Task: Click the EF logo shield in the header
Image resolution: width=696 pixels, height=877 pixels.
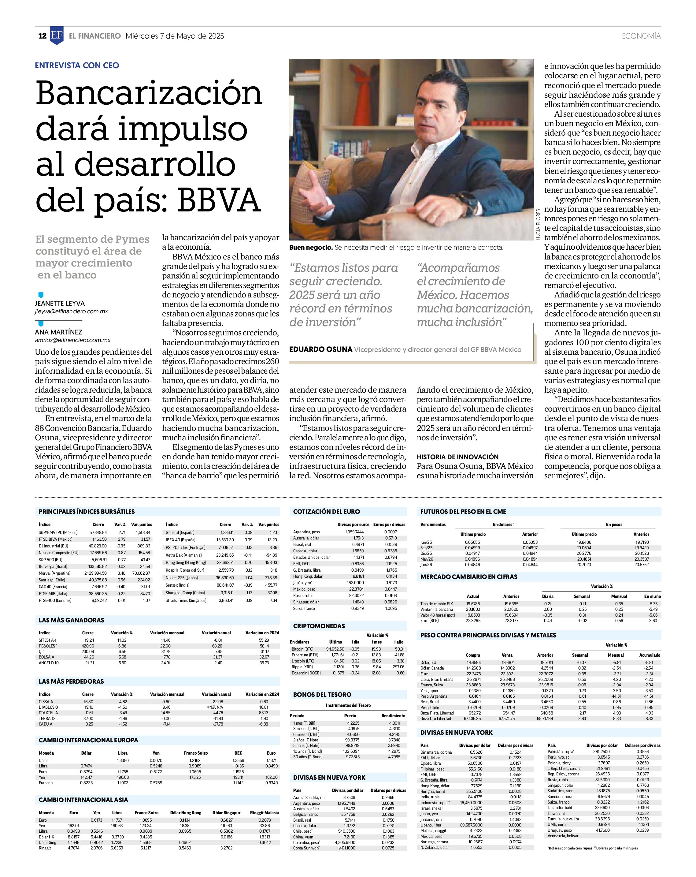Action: pyautogui.click(x=57, y=35)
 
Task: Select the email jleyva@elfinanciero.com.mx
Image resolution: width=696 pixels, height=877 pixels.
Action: pyautogui.click(x=72, y=311)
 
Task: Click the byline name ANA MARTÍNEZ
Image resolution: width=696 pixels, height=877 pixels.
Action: pyautogui.click(x=58, y=332)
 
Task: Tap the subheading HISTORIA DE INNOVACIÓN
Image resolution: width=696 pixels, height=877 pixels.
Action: pyautogui.click(x=457, y=457)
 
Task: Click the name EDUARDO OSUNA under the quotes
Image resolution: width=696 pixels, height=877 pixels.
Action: pyautogui.click(x=321, y=349)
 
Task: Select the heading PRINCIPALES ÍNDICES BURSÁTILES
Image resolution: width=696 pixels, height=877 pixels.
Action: pyautogui.click(x=87, y=512)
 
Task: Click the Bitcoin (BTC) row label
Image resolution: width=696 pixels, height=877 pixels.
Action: pyautogui.click(x=302, y=649)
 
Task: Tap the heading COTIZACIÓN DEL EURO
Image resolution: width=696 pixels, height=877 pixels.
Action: pyautogui.click(x=327, y=512)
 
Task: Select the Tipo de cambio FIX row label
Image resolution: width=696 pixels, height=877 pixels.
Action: pyautogui.click(x=437, y=604)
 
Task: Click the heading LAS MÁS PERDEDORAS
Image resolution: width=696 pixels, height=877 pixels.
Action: pyautogui.click(x=71, y=681)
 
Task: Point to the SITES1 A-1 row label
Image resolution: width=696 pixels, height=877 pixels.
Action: pyautogui.click(x=48, y=640)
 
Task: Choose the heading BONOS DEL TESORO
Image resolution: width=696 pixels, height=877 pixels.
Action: pyautogui.click(x=322, y=694)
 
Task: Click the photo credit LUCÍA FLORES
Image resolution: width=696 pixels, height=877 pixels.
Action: pyautogui.click(x=538, y=224)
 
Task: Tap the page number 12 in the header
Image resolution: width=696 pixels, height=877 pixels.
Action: pyautogui.click(x=42, y=36)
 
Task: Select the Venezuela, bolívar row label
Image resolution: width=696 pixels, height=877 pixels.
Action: pyautogui.click(x=563, y=835)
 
